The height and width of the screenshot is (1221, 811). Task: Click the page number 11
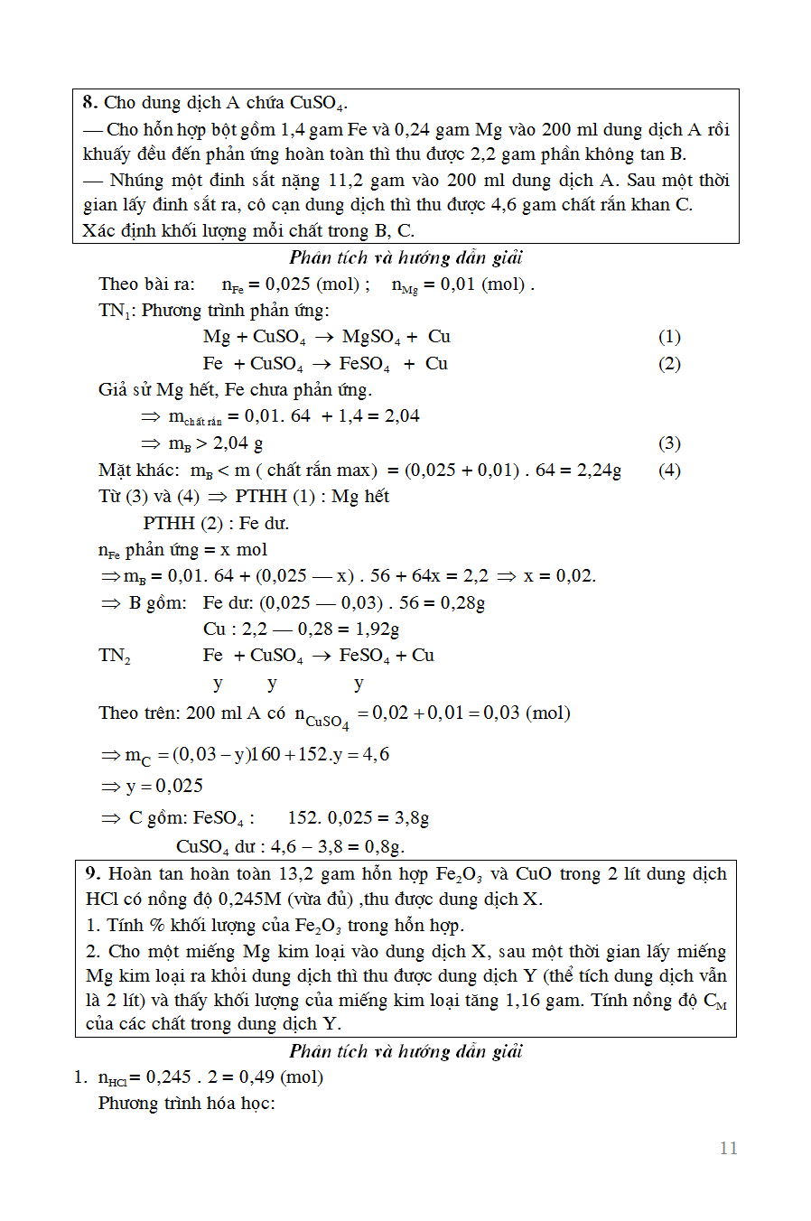click(x=728, y=1148)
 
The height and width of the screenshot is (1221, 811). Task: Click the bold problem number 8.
click(x=89, y=102)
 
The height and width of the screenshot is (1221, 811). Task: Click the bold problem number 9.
click(x=92, y=873)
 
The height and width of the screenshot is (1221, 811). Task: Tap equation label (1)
click(x=669, y=337)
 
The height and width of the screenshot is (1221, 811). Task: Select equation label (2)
click(x=669, y=364)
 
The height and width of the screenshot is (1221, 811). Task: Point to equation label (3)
click(x=669, y=443)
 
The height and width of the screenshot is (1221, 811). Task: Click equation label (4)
click(x=669, y=471)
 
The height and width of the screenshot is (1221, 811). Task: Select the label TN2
click(x=115, y=656)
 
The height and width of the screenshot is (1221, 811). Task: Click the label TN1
click(x=115, y=311)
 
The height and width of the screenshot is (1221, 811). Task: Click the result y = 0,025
click(x=164, y=786)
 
